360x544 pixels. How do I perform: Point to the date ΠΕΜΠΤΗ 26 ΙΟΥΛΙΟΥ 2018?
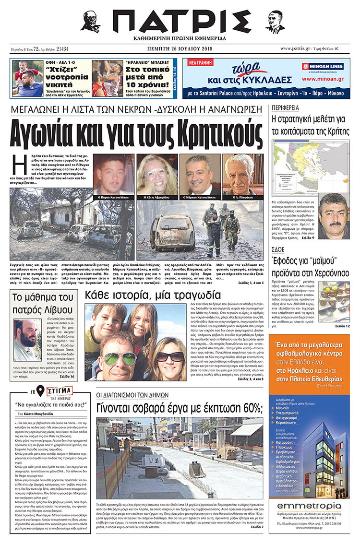tap(180, 48)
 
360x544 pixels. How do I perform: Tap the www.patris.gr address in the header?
tap(297, 48)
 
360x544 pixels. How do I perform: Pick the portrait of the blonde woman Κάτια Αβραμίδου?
tap(157, 174)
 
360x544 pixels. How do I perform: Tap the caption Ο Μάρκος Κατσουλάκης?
tap(199, 197)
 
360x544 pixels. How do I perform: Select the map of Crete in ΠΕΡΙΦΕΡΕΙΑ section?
tap(309, 164)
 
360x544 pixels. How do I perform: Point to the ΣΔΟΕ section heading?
tap(278, 249)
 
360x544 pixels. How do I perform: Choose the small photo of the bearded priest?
tap(27, 339)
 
